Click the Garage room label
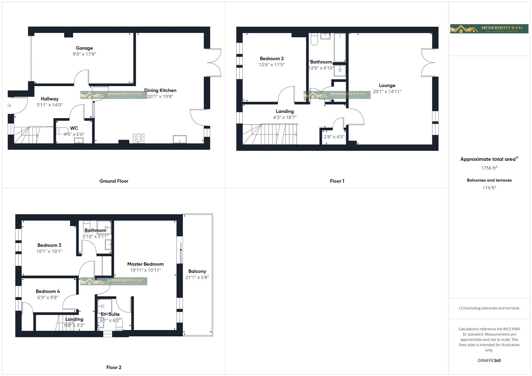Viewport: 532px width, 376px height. click(84, 48)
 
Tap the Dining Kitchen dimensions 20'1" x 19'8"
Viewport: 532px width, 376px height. click(160, 96)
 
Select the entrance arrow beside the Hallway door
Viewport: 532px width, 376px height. click(9, 105)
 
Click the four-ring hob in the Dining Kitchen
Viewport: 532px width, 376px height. click(139, 139)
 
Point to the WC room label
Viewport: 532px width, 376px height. click(74, 128)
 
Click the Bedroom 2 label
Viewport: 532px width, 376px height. click(272, 58)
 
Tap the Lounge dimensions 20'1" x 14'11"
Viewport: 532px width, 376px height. click(387, 92)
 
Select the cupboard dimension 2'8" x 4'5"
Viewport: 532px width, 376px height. click(334, 137)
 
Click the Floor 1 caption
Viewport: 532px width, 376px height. click(337, 181)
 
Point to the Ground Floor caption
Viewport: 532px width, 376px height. click(114, 181)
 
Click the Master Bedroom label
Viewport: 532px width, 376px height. click(145, 264)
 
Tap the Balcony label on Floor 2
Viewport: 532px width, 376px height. click(197, 271)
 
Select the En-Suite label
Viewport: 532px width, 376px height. click(110, 314)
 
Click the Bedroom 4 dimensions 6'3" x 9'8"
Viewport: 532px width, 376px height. click(48, 297)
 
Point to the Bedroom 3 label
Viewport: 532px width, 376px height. click(49, 245)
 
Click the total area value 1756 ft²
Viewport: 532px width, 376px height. click(489, 168)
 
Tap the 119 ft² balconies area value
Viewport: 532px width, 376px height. click(489, 188)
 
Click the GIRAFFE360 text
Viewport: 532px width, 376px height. click(489, 360)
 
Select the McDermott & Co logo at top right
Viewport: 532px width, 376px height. click(489, 29)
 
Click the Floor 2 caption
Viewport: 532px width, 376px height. click(114, 367)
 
